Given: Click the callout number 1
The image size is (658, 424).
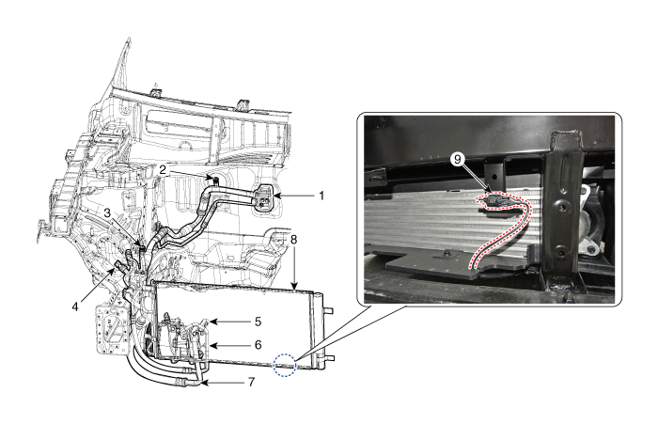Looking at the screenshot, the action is click(321, 196).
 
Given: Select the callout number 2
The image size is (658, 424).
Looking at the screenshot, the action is click(163, 170).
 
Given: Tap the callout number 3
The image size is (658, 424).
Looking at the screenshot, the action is click(108, 212).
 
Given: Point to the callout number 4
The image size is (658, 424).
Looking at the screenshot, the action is click(75, 306).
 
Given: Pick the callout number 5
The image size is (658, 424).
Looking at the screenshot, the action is click(258, 322).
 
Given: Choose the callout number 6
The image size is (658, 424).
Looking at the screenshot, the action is click(258, 345).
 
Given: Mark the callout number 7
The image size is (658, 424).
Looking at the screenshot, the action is click(251, 382).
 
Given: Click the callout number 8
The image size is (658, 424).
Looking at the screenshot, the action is click(293, 240).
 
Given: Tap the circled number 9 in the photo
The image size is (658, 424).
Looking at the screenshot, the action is click(458, 159).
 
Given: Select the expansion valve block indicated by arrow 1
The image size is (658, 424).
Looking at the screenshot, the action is click(263, 196).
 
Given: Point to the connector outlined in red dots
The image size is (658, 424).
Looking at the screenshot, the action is click(497, 201).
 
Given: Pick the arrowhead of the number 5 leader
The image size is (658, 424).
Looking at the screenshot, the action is click(211, 322).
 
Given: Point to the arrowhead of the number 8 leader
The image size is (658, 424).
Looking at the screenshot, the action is click(295, 288).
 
